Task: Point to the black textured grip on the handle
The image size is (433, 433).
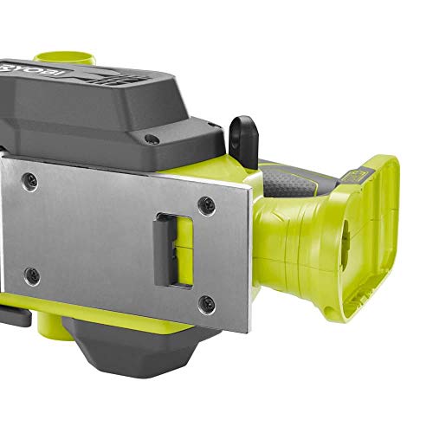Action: tap(291, 177)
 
